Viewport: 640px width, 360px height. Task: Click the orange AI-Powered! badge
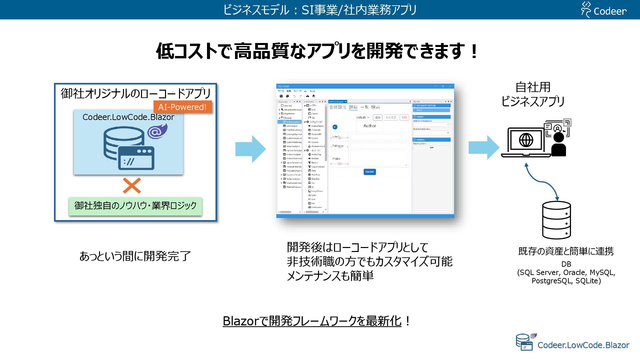[182, 107]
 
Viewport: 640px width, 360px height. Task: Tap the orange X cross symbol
[132, 186]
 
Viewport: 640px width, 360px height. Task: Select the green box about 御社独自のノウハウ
[135, 206]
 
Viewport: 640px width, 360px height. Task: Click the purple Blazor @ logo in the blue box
[157, 131]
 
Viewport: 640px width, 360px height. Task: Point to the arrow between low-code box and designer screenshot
[250, 149]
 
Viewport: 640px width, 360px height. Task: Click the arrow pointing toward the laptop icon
[484, 147]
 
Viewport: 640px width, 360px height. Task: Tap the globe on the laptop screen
[526, 140]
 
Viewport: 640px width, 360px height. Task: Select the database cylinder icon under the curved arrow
[556, 220]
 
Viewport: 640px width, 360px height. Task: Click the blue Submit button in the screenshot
[370, 172]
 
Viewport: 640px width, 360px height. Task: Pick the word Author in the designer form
[370, 126]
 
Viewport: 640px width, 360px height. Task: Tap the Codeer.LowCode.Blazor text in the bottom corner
[583, 345]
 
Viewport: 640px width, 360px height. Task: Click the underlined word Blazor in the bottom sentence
[240, 321]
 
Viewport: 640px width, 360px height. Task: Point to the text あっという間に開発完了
[135, 256]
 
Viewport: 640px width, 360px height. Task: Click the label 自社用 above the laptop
[533, 87]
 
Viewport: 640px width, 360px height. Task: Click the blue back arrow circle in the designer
[335, 127]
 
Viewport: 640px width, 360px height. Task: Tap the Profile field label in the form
[336, 159]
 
